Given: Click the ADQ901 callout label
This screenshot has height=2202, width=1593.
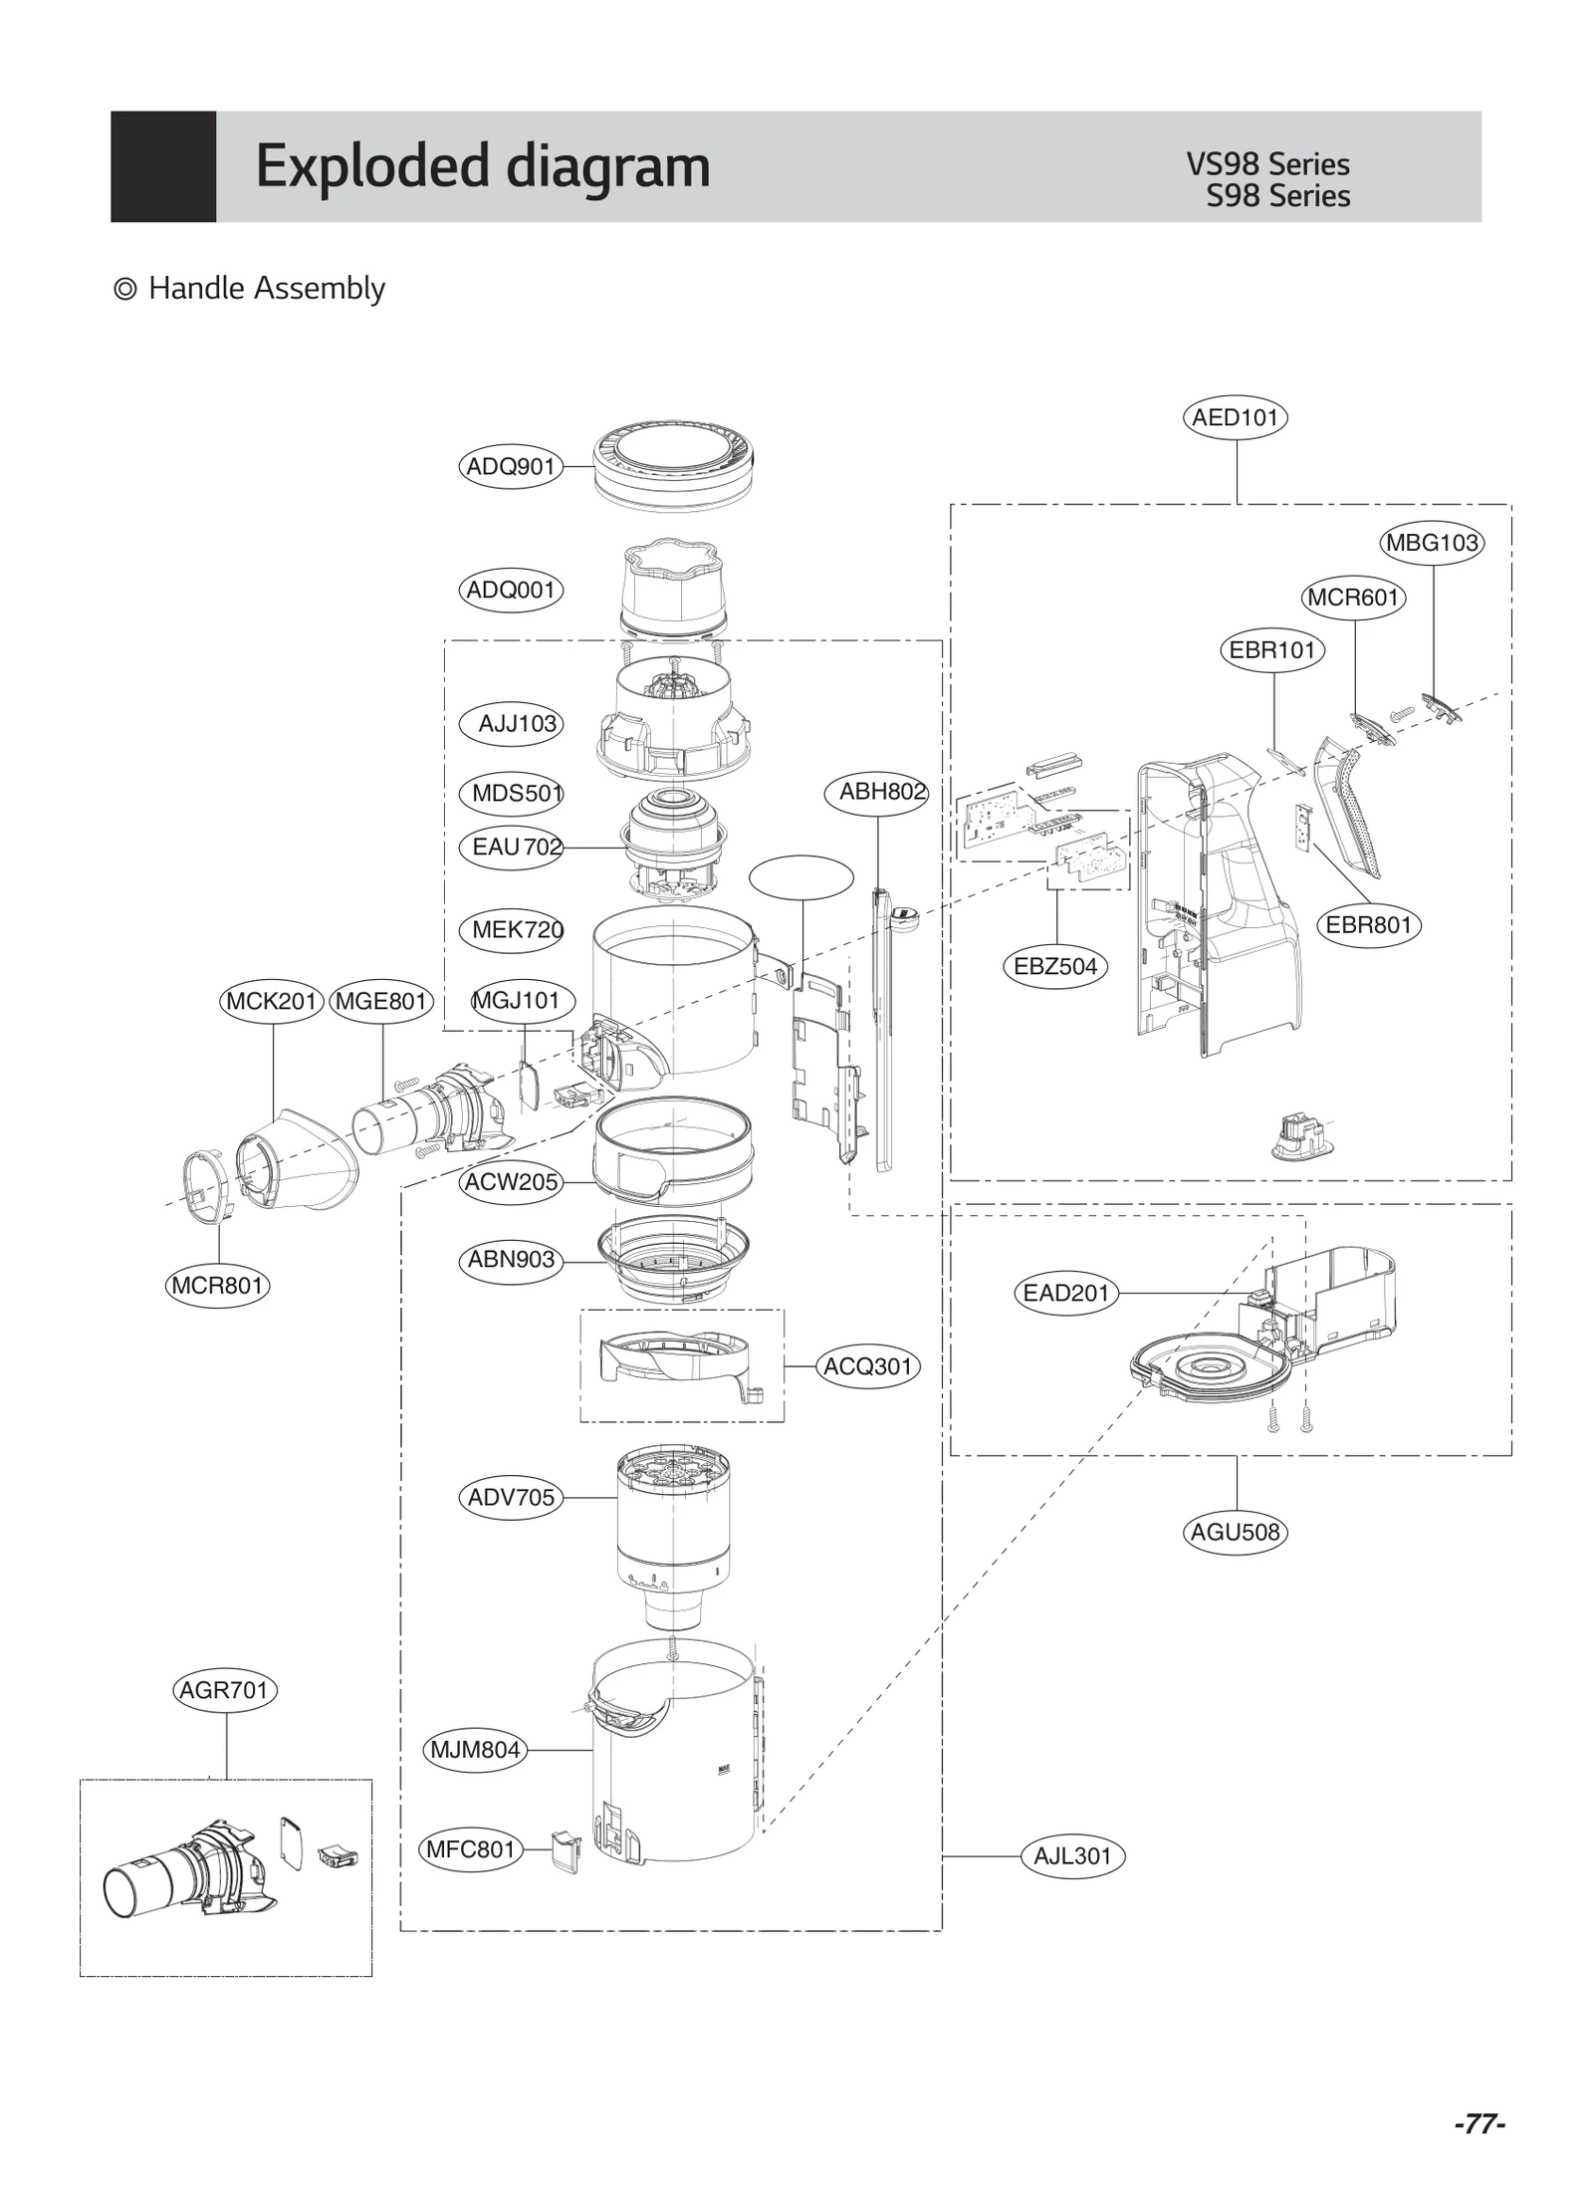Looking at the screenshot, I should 511,466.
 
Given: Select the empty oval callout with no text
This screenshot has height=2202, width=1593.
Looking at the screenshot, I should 800,877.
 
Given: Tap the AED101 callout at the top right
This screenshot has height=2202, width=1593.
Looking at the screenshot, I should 1235,417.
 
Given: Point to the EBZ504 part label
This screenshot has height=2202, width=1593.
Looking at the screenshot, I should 1054,966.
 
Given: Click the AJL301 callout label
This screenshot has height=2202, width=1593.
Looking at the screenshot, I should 1072,1856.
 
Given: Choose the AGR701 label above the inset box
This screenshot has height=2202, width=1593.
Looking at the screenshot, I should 224,1690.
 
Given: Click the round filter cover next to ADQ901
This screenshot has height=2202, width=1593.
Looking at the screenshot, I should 673,466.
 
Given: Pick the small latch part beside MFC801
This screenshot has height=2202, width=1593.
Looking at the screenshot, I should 566,1851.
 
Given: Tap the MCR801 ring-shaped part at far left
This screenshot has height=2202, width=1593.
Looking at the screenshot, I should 208,1184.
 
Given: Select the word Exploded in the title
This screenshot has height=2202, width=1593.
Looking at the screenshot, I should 372,166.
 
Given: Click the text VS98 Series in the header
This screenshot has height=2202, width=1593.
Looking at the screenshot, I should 1267,164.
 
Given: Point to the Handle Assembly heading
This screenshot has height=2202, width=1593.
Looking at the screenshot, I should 266,289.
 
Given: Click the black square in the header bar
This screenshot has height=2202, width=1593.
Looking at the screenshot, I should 163,166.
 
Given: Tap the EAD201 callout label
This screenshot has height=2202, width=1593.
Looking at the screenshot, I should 1065,1293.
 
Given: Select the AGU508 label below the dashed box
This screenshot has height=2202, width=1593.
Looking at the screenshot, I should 1235,1532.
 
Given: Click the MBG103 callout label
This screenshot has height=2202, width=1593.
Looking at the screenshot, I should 1432,543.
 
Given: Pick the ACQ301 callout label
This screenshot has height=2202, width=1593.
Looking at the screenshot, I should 867,1366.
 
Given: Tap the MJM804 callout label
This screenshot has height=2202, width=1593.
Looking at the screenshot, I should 475,1750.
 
